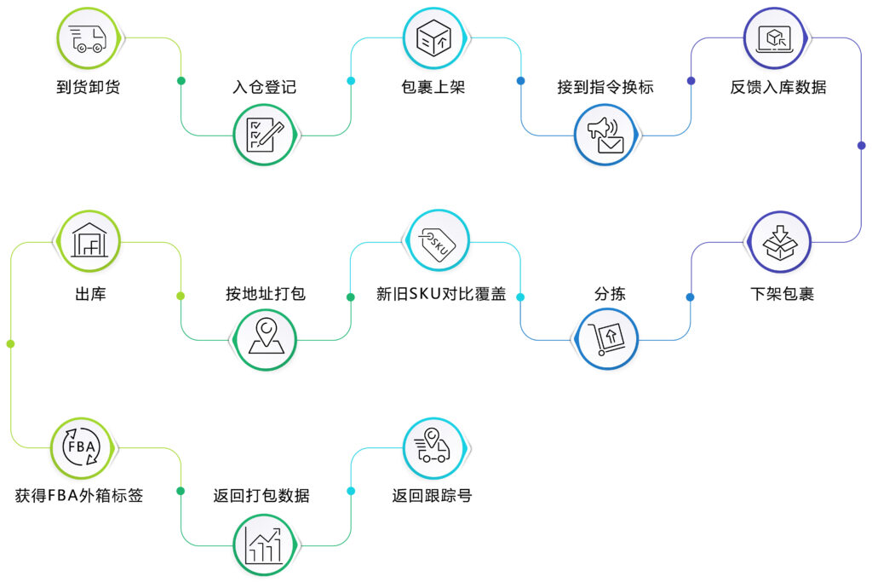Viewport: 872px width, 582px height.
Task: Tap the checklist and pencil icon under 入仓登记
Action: (265, 135)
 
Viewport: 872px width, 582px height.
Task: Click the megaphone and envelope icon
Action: (605, 135)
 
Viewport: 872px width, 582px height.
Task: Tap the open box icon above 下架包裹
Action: (778, 243)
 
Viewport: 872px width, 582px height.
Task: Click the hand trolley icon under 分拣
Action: (605, 338)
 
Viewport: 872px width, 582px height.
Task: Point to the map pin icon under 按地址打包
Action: (265, 338)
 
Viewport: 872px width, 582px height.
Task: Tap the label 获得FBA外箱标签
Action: (79, 495)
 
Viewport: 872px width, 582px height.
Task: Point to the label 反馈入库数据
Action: (777, 87)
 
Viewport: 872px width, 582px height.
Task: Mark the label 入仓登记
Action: (264, 87)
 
